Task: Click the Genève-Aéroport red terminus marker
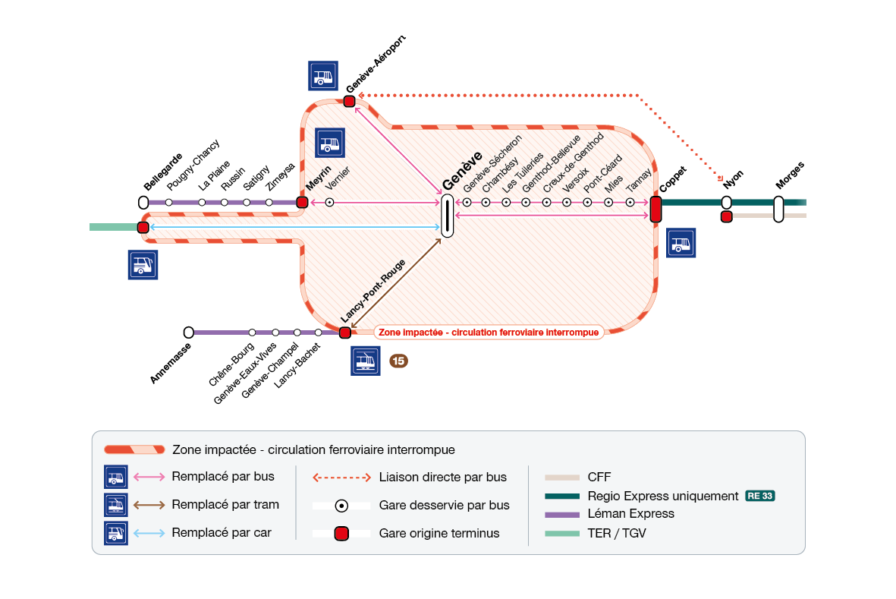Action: (x=350, y=101)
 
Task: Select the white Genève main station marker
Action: (x=448, y=216)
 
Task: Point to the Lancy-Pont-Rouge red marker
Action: (x=345, y=333)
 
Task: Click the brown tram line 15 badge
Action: (x=398, y=361)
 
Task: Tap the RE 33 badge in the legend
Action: (x=759, y=496)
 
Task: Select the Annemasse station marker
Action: (x=189, y=333)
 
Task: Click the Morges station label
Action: (x=790, y=175)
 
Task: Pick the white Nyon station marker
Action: (x=726, y=203)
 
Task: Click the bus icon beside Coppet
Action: (x=681, y=243)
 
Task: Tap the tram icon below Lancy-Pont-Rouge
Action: (x=365, y=361)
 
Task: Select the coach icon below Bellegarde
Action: (x=143, y=264)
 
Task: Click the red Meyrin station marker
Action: (x=302, y=203)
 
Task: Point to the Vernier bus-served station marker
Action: (x=330, y=203)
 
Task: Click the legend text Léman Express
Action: (x=630, y=514)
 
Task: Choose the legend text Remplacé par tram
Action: (x=225, y=504)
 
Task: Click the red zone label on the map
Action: (x=489, y=332)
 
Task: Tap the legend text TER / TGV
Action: (x=617, y=533)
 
